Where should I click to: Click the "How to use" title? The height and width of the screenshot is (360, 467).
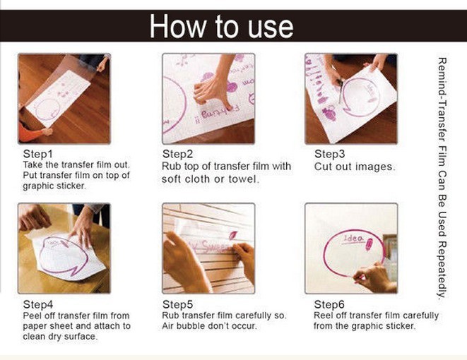(221, 26)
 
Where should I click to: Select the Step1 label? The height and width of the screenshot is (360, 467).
(38, 154)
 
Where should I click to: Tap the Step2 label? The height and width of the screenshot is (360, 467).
(178, 154)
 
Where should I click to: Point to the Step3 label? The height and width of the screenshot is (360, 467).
(329, 154)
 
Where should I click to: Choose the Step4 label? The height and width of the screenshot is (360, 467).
(38, 304)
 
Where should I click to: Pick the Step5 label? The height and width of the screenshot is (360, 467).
(178, 304)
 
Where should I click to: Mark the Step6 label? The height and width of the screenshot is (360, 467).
(329, 304)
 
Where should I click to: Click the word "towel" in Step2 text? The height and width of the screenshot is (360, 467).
(243, 179)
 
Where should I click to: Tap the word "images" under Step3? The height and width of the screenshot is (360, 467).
(376, 167)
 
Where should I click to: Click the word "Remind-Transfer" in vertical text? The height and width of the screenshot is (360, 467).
(442, 100)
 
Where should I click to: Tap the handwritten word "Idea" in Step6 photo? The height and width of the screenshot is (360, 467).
(353, 239)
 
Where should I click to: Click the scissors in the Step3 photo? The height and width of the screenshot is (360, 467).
(340, 89)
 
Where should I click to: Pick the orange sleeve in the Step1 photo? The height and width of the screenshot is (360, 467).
(30, 133)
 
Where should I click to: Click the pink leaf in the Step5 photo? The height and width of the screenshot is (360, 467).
(232, 235)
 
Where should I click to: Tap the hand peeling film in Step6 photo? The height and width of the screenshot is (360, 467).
(375, 277)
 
